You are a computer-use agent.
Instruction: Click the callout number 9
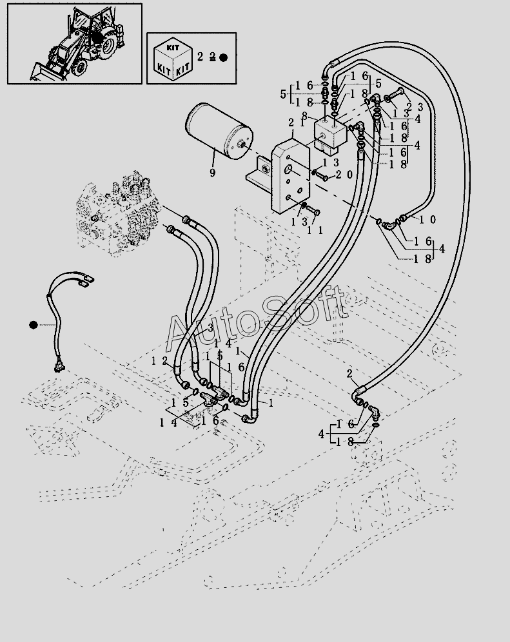[212, 173]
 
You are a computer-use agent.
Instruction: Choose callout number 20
[344, 175]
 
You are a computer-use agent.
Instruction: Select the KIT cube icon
[170, 57]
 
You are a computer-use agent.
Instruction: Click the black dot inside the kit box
[224, 57]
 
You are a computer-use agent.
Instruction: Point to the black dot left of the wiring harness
[33, 325]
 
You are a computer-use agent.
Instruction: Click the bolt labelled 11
[313, 211]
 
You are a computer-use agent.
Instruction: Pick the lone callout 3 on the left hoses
[210, 328]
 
